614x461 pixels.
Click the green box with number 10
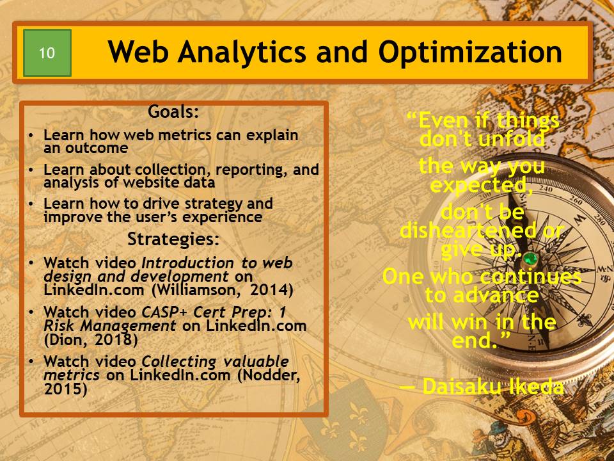[47, 53]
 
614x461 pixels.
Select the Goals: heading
[173, 111]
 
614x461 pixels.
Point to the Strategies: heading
[173, 239]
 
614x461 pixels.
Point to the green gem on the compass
[530, 259]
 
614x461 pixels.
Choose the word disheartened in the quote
[468, 230]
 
